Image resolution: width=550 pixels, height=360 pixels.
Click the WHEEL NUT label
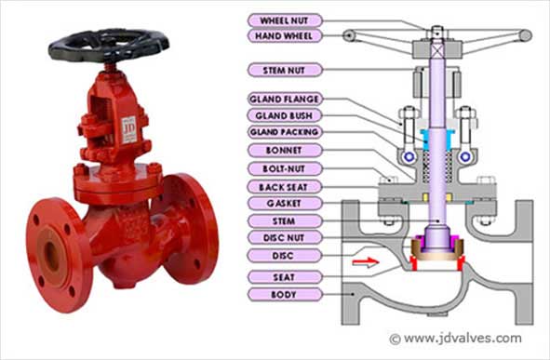[x=287, y=20]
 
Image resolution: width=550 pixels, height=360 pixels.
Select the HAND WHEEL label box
[x=287, y=36]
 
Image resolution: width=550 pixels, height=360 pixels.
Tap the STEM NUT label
[x=287, y=70]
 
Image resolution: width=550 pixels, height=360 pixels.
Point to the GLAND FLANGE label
[x=287, y=99]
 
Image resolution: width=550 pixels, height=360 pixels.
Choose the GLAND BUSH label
[x=287, y=115]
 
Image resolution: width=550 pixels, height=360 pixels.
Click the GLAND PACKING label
[x=287, y=132]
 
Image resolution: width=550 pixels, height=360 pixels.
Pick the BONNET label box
[x=287, y=150]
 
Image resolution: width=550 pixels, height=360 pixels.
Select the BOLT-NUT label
[x=287, y=168]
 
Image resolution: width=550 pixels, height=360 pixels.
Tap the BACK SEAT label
[x=287, y=186]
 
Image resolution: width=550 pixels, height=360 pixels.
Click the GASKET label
[x=287, y=203]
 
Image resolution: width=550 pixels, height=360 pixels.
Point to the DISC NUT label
[x=287, y=238]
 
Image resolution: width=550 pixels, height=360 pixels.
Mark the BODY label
[x=287, y=294]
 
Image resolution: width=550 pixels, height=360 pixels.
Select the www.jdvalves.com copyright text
[x=455, y=339]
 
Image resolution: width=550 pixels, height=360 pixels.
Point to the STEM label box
[x=287, y=220]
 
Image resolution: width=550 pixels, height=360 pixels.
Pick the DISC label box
[x=287, y=256]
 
